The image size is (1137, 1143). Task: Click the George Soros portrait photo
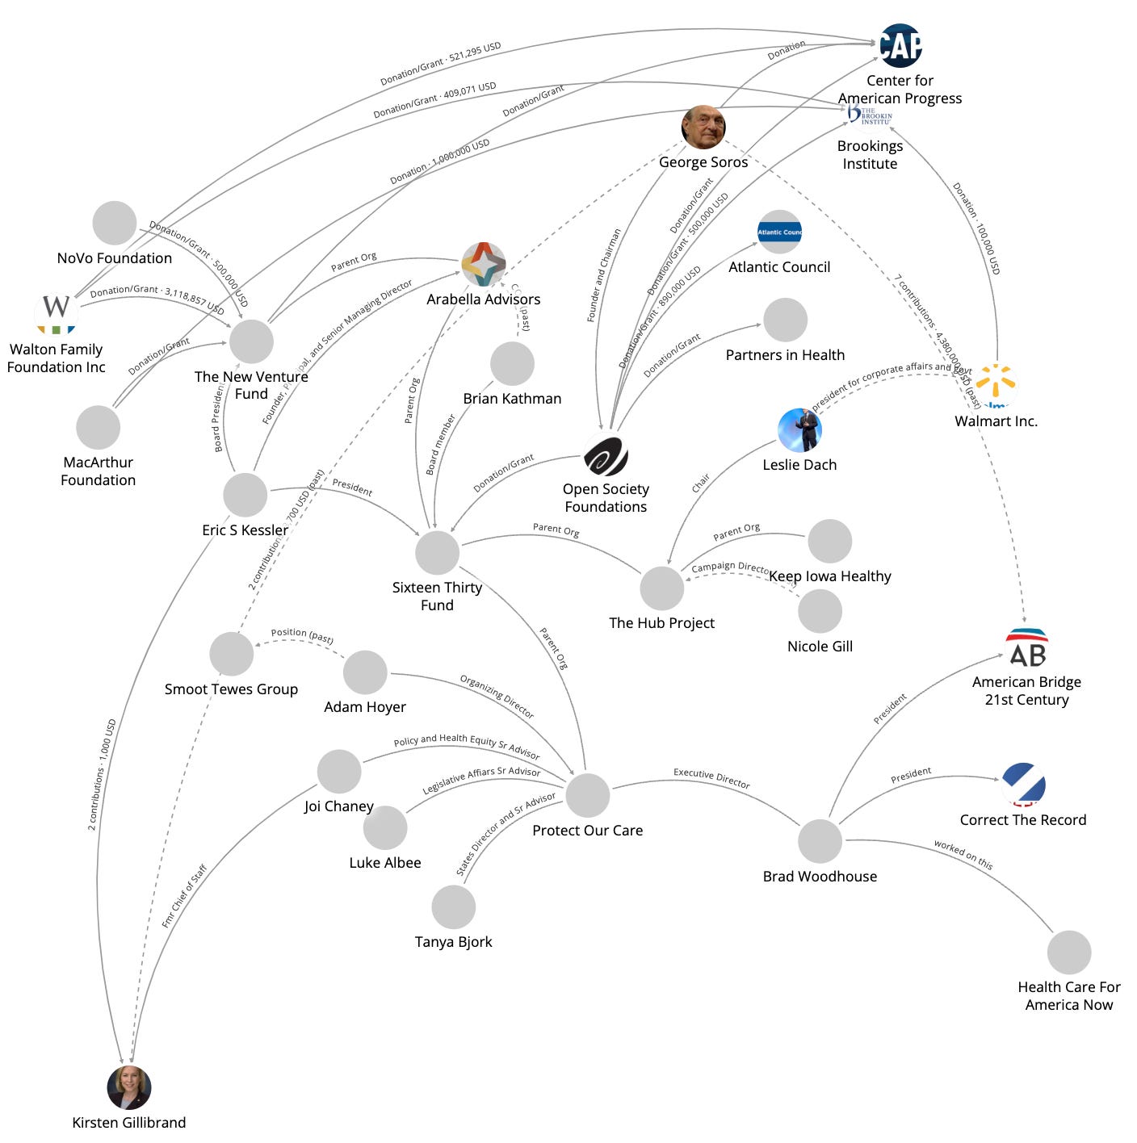pos(703,128)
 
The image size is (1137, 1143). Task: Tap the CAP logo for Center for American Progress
pos(900,45)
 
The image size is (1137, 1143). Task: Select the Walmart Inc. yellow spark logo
pos(996,386)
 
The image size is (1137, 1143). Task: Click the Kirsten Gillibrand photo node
pos(129,1087)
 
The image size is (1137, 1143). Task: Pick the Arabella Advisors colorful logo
pos(484,264)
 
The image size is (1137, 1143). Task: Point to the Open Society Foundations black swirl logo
pos(606,454)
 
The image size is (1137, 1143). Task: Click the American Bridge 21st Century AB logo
pos(1026,648)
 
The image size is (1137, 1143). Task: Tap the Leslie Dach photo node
pos(799,429)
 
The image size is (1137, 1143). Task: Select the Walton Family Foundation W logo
pos(56,312)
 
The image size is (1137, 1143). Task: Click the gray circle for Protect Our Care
pos(587,795)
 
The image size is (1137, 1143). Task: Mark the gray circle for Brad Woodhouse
pos(820,841)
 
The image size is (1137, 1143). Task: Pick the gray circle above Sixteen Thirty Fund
pos(437,553)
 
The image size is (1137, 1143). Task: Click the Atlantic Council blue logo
pos(779,232)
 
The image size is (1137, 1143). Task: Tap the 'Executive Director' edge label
pos(711,778)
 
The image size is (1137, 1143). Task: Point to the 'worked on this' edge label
pos(963,855)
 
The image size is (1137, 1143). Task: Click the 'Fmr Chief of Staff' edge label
pos(184,896)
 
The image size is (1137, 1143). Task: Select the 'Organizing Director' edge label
pos(497,696)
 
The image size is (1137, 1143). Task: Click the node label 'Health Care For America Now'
pos(1068,995)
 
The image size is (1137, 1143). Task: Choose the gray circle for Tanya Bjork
pos(453,906)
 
